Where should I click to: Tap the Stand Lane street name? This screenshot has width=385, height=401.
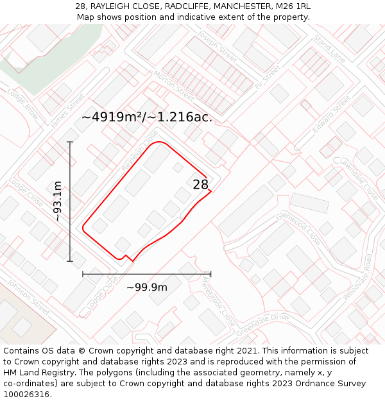(329, 49)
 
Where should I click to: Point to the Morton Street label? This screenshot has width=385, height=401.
(173, 85)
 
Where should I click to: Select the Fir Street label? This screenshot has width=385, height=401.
(268, 76)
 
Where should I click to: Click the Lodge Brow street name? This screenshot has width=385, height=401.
(22, 103)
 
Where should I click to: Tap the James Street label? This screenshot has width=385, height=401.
(67, 110)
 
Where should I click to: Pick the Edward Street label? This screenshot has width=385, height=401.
(331, 114)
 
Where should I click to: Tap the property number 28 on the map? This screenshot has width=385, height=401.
(200, 185)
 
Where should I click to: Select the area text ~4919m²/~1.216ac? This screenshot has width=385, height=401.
(147, 117)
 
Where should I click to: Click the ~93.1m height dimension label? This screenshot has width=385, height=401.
(58, 201)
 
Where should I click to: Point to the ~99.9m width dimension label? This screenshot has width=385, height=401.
(147, 287)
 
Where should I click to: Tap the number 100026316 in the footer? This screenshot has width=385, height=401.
(27, 394)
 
